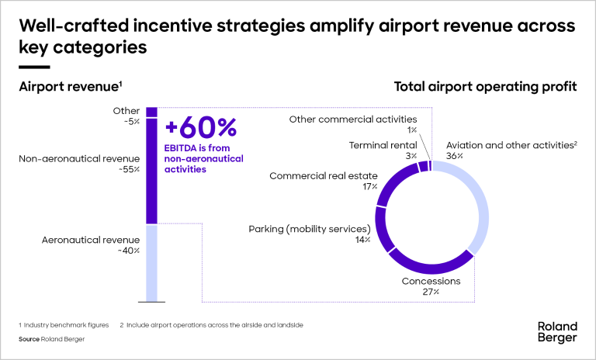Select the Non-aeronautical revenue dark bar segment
[x=151, y=170]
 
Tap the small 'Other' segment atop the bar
[x=151, y=112]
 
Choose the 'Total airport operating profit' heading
[x=485, y=86]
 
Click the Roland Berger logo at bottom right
[x=557, y=331]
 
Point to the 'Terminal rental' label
[x=383, y=145]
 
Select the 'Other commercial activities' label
[x=353, y=119]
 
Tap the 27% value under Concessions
[x=431, y=292]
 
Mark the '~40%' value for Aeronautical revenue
[x=129, y=251]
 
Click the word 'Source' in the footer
[x=28, y=339]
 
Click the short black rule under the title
[x=34, y=67]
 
